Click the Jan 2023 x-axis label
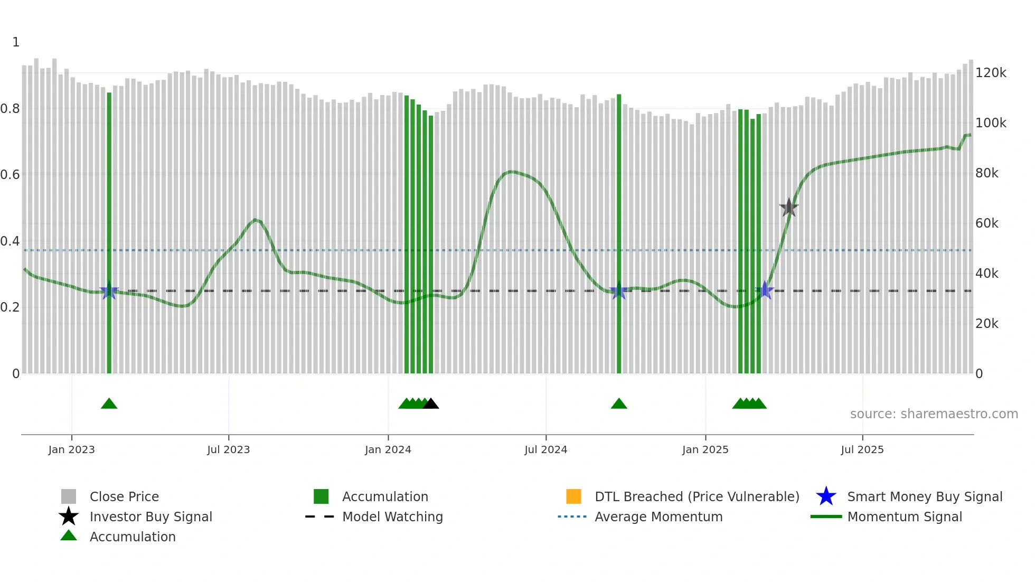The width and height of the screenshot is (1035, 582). (71, 450)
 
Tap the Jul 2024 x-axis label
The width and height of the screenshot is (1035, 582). (545, 450)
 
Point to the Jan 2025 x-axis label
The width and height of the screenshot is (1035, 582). (705, 450)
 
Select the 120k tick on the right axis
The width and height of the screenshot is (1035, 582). (991, 73)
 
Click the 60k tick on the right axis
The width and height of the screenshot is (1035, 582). (986, 223)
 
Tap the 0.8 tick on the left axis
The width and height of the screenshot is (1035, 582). (10, 109)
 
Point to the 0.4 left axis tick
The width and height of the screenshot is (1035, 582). (10, 241)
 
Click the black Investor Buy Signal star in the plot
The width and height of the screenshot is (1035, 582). (789, 208)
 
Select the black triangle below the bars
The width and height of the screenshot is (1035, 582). (431, 404)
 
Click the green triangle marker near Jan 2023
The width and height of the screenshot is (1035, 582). (109, 404)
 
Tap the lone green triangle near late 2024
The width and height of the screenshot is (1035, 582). (619, 404)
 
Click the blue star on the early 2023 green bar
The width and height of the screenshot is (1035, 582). (109, 291)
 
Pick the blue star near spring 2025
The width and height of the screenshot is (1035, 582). (765, 290)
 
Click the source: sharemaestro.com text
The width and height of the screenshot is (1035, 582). (934, 414)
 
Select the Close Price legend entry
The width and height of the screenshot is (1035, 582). (124, 497)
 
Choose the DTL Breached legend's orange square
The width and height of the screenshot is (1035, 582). (573, 496)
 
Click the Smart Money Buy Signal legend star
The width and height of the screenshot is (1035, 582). (826, 496)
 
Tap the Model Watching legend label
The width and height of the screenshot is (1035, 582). (392, 517)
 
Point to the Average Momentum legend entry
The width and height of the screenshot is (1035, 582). (658, 517)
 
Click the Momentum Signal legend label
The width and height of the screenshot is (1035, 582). (905, 517)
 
